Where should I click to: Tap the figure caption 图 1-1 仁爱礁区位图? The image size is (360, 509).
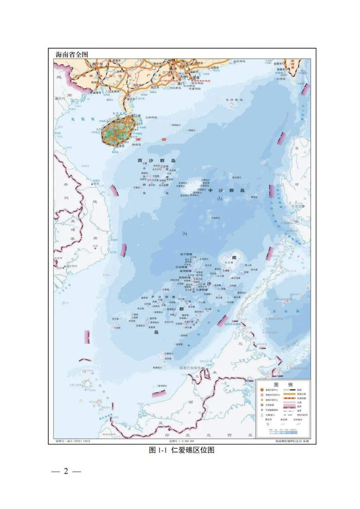[x=181, y=449]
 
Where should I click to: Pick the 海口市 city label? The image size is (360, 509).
[x=137, y=116]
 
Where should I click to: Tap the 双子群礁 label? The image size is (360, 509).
[x=185, y=254]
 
